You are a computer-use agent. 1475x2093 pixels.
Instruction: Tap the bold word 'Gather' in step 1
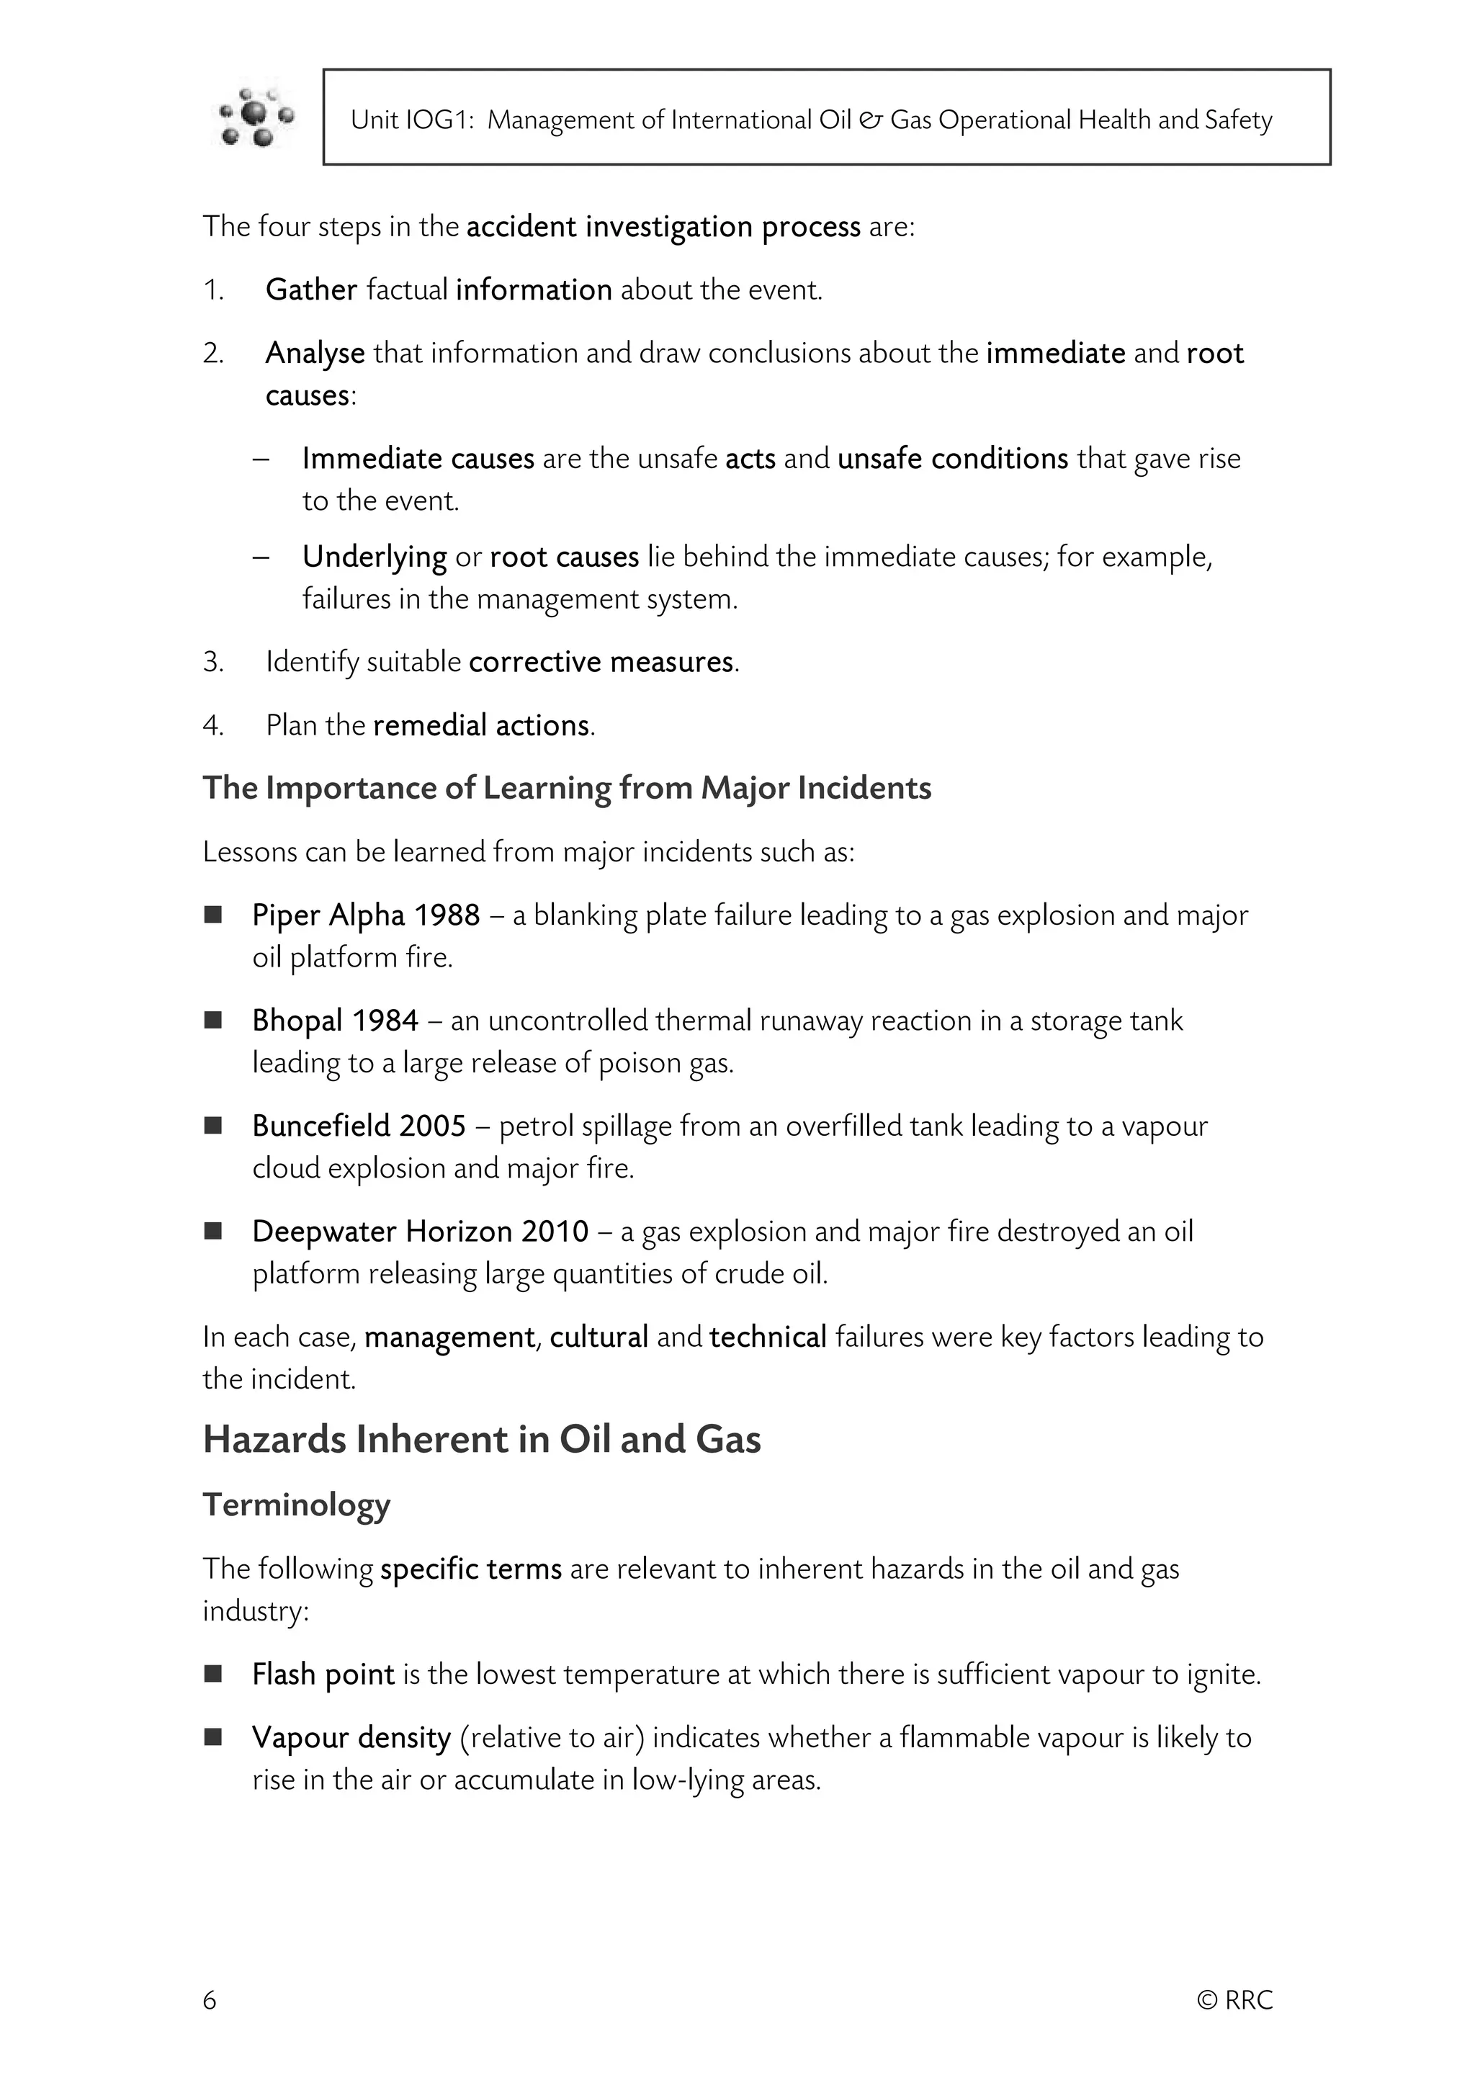(311, 290)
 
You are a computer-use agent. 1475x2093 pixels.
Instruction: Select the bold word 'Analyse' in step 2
(315, 353)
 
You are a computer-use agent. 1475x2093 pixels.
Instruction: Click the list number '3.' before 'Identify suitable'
(213, 662)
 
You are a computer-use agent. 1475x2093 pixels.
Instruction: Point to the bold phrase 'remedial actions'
(481, 725)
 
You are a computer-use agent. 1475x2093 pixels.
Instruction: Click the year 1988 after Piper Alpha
(447, 915)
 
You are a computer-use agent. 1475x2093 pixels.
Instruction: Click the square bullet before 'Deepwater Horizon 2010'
(213, 1232)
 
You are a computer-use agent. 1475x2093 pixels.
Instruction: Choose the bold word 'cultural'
(599, 1337)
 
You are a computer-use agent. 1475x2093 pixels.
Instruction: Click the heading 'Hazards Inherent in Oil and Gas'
(481, 1440)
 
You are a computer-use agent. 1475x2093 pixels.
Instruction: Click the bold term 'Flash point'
(323, 1675)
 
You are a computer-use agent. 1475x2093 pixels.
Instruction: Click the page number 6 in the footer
(210, 2000)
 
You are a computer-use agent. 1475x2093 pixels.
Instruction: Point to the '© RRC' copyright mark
(1234, 2000)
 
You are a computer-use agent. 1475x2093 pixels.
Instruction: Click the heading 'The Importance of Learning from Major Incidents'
(566, 789)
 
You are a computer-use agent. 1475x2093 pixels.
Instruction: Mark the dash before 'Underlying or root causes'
(261, 556)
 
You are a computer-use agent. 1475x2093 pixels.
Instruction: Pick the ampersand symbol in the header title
(871, 120)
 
